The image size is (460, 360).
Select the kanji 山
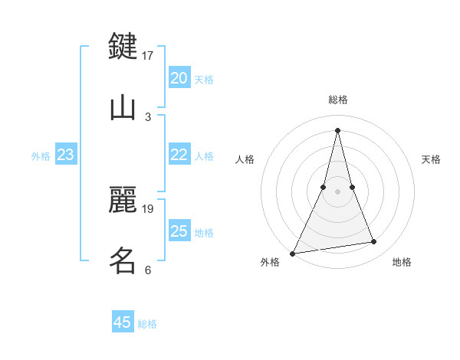(123, 107)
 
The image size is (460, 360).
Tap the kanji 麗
(123, 199)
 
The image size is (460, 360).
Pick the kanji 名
(123, 260)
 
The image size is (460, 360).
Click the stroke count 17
(148, 55)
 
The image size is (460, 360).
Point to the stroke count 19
(148, 208)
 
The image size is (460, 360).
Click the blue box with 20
(179, 78)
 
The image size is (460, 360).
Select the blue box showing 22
(179, 155)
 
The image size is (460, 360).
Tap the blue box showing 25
(179, 231)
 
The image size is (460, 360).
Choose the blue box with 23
(65, 155)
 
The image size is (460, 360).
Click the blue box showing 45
(123, 322)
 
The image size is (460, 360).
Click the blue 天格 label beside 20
(204, 79)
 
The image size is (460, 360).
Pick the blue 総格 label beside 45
(147, 323)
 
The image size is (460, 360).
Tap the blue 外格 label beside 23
(41, 155)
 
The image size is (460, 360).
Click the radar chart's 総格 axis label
(337, 100)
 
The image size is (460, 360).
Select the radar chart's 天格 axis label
(432, 159)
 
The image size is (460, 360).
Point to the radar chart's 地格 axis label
(402, 262)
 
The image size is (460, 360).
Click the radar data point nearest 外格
(293, 253)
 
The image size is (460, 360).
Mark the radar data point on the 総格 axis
(337, 129)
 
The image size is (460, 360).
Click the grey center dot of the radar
(337, 191)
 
